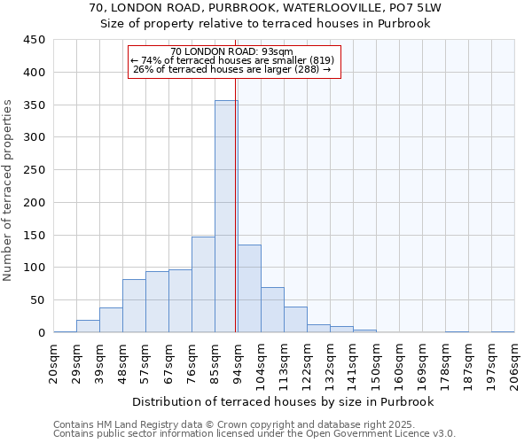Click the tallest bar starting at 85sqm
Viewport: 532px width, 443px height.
226,216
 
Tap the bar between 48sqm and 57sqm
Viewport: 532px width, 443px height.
134,306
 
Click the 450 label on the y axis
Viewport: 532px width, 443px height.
35,40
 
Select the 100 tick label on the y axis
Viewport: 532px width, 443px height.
35,268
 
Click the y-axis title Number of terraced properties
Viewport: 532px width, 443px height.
8,190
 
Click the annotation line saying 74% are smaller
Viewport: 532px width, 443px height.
231,60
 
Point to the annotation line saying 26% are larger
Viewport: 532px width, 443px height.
231,69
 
